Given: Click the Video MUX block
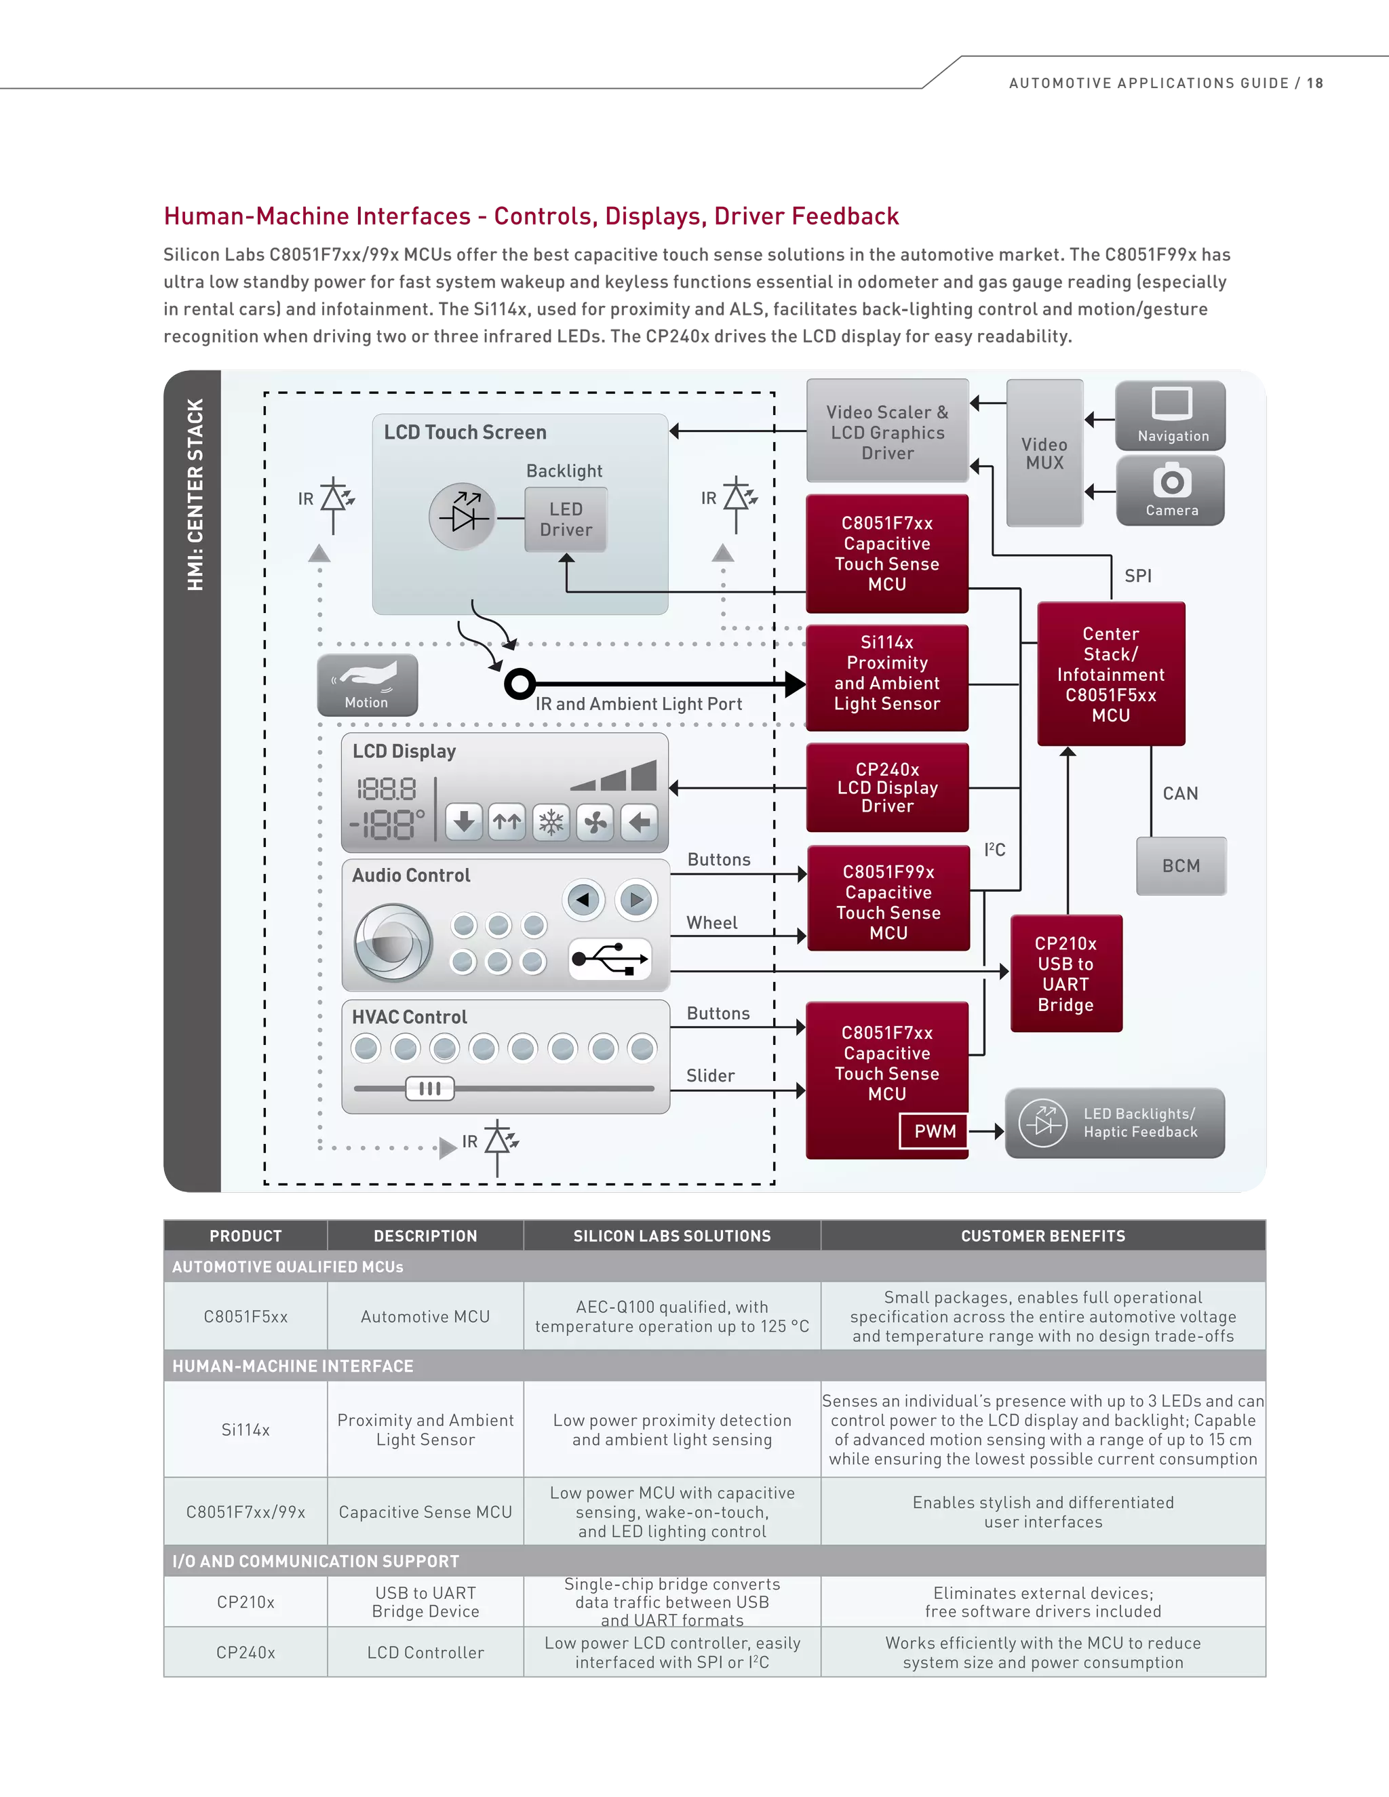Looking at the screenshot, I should point(1044,452).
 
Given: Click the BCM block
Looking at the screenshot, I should point(1181,865).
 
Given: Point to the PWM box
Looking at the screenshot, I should point(935,1131).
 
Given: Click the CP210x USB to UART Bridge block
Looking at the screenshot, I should point(1065,973).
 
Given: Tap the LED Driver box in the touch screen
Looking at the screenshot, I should point(566,519).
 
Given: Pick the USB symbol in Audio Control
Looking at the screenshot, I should point(610,959).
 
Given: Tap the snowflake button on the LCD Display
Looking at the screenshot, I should point(551,822).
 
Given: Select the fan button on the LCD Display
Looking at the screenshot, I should point(595,822).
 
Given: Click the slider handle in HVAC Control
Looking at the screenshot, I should point(429,1088).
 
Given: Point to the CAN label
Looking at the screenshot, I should point(1180,793).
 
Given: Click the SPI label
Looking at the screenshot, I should point(1138,576).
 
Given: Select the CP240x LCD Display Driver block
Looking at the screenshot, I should point(887,787).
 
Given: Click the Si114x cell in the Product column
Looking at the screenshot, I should point(246,1430).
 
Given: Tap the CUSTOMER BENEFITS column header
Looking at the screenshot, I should point(1042,1236).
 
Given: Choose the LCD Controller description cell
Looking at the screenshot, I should point(425,1652).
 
